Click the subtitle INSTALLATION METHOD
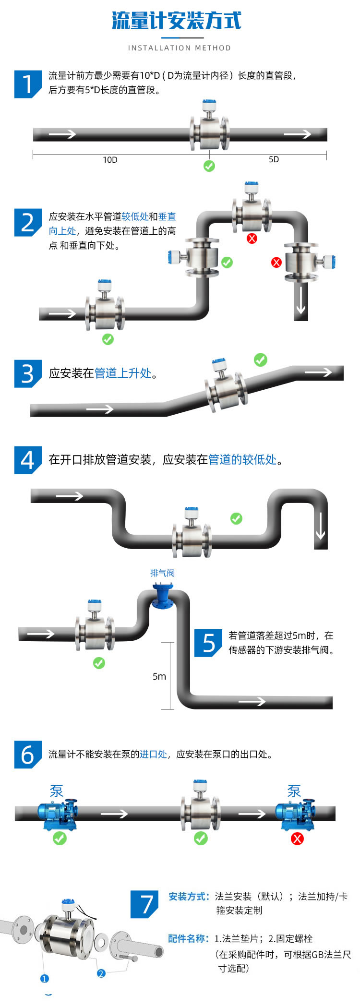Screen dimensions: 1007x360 pos(180,48)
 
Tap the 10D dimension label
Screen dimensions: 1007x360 pos(110,160)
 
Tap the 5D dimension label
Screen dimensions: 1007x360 pos(274,159)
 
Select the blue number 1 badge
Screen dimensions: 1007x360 pos(27,84)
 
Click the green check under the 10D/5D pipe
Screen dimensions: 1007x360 pos(209,166)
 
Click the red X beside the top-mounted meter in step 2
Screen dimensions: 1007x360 pos(252,239)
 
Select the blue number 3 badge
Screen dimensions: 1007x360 pos(27,373)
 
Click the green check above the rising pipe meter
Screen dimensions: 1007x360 pos(260,360)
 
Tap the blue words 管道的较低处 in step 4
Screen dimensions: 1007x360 pos(242,459)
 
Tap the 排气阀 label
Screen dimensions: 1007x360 pos(162,573)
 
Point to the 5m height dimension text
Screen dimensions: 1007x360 pos(159,676)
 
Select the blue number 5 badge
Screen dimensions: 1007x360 pos(208,643)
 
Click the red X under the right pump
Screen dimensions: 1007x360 pos(298,839)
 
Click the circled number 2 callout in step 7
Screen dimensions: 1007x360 pos(101,973)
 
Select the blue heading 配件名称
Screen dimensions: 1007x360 pos(188,938)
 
